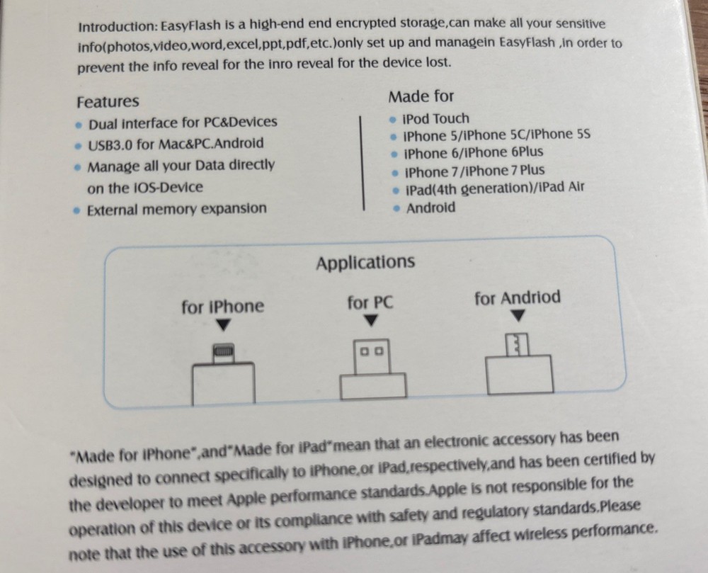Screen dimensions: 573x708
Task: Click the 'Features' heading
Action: pyautogui.click(x=108, y=101)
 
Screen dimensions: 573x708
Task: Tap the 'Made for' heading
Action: pyautogui.click(x=421, y=96)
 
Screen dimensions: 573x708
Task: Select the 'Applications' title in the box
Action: pyautogui.click(x=365, y=263)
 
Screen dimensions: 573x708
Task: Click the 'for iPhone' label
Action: pyautogui.click(x=222, y=307)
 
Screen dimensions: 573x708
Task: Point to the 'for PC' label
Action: pyautogui.click(x=370, y=303)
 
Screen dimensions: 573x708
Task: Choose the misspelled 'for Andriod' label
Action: pyautogui.click(x=517, y=298)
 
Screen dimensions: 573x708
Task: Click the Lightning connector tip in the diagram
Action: pyautogui.click(x=223, y=351)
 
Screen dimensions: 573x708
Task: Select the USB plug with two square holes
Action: pyautogui.click(x=371, y=351)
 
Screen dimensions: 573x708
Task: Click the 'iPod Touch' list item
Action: pyautogui.click(x=435, y=118)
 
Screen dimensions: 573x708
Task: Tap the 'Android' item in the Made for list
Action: pyautogui.click(x=430, y=208)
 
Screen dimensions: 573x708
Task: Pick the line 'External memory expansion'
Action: pyautogui.click(x=176, y=209)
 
